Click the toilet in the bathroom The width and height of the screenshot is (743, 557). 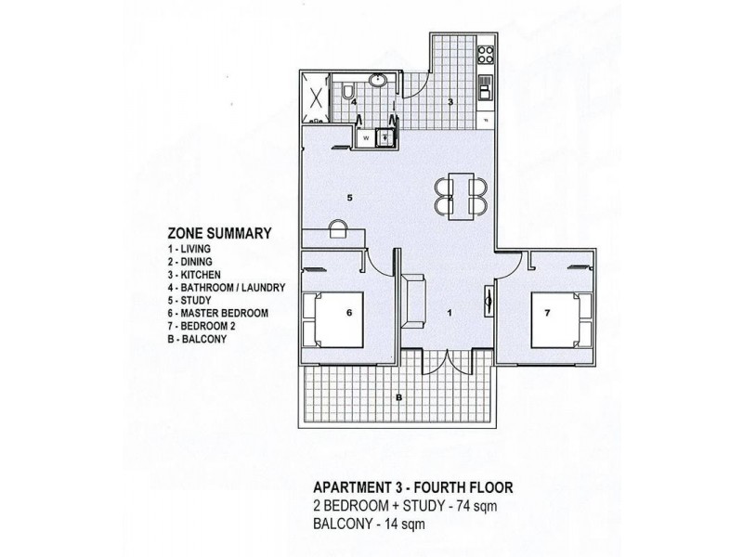click(345, 92)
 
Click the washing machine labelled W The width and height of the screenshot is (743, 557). click(366, 138)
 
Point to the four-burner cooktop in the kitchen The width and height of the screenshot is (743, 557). click(484, 52)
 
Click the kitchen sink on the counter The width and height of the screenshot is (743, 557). click(484, 89)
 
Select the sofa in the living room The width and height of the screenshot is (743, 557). click(414, 299)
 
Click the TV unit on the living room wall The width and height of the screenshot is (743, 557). click(489, 301)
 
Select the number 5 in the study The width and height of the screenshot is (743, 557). click(347, 197)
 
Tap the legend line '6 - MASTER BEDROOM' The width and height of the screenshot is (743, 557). click(219, 314)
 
